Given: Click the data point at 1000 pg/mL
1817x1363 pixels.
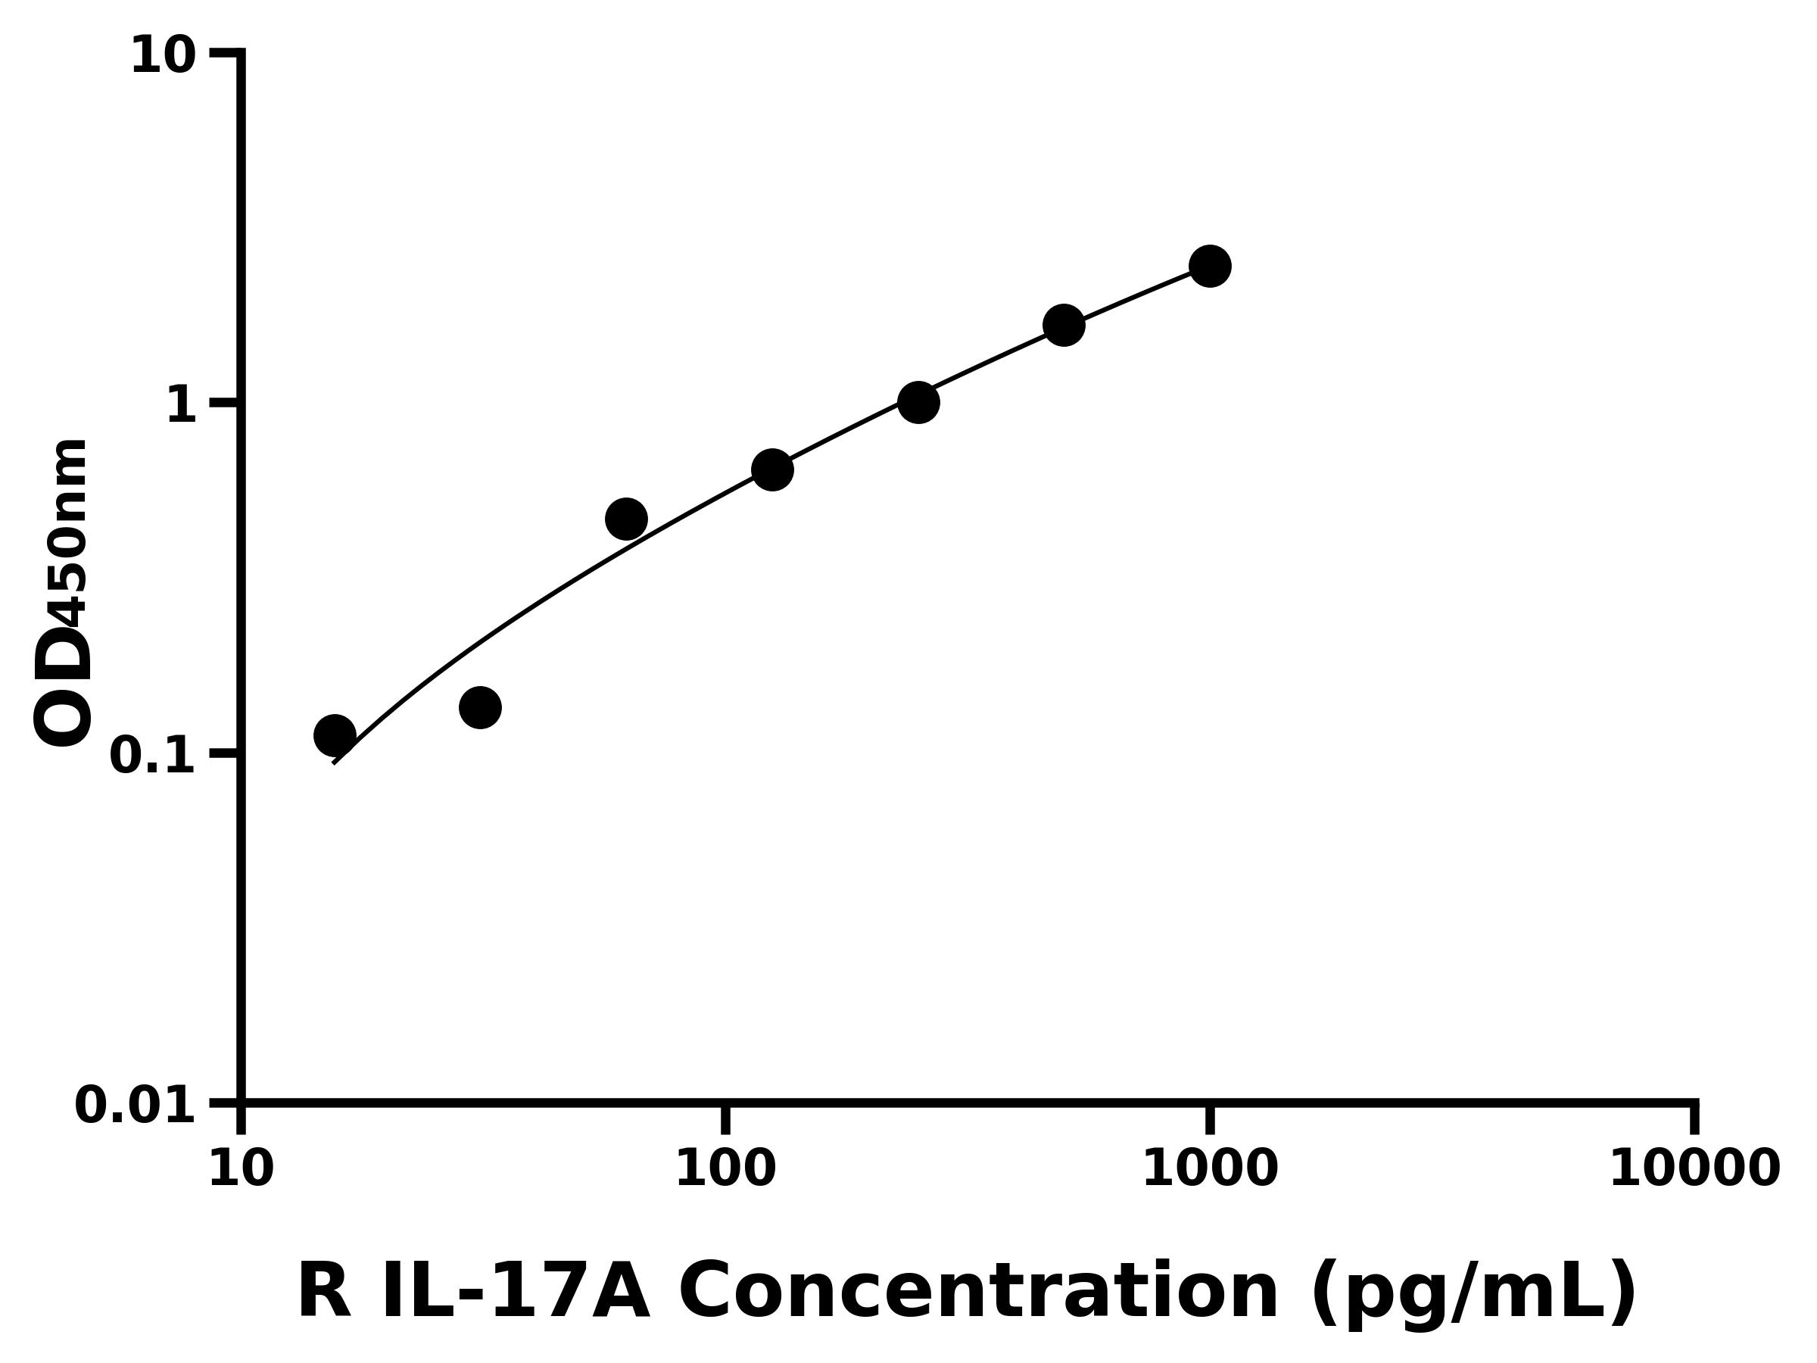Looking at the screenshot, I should pyautogui.click(x=1209, y=267).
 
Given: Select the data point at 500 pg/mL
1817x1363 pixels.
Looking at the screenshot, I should pyautogui.click(x=1064, y=326).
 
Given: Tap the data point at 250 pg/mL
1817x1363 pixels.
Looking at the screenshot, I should pyautogui.click(x=918, y=403).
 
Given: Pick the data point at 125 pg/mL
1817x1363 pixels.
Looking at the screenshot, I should pyautogui.click(x=772, y=470).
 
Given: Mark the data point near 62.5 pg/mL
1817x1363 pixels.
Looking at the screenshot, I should pyautogui.click(x=626, y=519).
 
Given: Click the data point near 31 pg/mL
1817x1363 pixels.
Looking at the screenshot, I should pyautogui.click(x=481, y=707).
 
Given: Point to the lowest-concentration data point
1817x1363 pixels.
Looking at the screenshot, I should pyautogui.click(x=335, y=735).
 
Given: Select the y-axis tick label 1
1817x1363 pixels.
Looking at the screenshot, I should pyautogui.click(x=181, y=406).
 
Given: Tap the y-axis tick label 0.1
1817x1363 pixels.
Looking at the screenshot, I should pyautogui.click(x=153, y=756).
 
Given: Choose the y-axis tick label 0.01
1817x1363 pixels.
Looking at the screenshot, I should pyautogui.click(x=136, y=1106).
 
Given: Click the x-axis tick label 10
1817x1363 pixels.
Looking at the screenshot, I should pyautogui.click(x=241, y=1170).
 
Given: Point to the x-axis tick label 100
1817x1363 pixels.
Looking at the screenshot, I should pyautogui.click(x=725, y=1170).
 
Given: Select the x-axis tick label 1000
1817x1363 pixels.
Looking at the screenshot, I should pyautogui.click(x=1210, y=1170).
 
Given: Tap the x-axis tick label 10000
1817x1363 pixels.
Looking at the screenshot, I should pyautogui.click(x=1694, y=1170).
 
